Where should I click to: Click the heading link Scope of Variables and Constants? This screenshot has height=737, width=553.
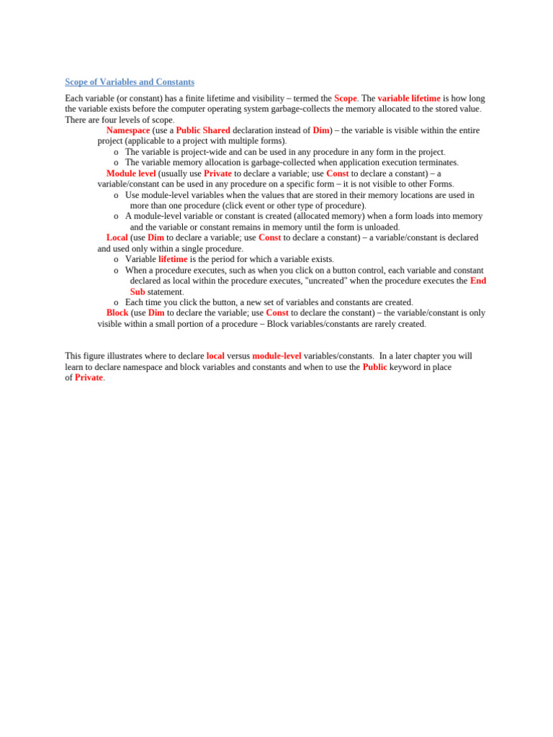point(130,82)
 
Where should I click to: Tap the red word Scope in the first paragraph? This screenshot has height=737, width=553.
point(346,98)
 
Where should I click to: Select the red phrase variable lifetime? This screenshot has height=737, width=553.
point(409,98)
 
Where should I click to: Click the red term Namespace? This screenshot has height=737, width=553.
point(128,130)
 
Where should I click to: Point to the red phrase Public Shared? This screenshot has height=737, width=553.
point(203,130)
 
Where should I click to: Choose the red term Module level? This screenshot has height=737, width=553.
point(131,173)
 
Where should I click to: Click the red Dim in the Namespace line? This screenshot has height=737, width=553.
point(321,130)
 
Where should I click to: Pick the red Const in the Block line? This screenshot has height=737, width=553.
point(277,313)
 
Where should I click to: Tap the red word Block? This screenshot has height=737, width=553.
point(117,313)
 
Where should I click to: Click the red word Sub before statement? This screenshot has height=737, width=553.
point(138,291)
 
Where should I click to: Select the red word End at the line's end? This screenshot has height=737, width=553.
point(478,281)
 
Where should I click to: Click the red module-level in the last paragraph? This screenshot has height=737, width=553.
point(276,356)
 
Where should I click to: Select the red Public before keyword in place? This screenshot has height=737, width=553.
point(374,366)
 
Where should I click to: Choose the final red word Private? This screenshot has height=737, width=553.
point(89,377)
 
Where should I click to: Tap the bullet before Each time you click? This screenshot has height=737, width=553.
point(116,303)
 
